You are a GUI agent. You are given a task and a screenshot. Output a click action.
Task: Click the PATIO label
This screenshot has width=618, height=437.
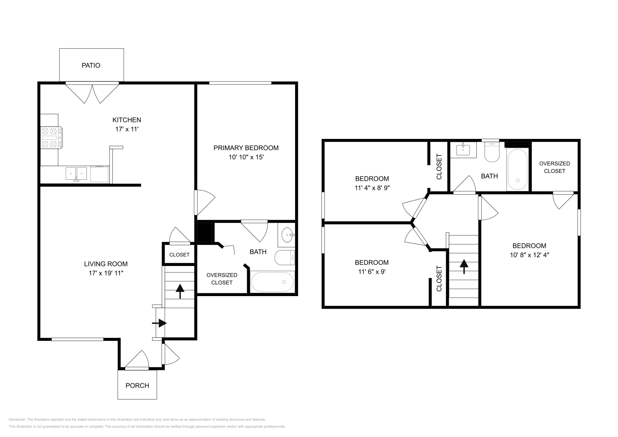tap(91, 65)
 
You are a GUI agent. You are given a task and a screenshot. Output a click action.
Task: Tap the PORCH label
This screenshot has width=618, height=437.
tap(137, 385)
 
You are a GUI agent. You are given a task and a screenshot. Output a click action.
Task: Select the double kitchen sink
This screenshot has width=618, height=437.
tap(76, 173)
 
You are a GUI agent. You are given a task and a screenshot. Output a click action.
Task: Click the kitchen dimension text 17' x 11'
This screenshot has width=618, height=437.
tap(127, 129)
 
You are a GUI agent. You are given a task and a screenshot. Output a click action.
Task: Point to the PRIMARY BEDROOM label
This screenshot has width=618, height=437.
tap(246, 148)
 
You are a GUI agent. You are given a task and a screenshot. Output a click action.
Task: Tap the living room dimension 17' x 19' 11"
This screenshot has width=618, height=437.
tap(106, 273)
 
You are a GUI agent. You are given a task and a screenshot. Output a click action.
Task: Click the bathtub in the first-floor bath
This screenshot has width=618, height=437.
tap(272, 282)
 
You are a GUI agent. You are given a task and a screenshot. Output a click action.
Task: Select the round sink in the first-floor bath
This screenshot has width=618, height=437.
tap(287, 234)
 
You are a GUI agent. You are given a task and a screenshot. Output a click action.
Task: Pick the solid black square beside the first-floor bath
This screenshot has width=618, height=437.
tap(205, 232)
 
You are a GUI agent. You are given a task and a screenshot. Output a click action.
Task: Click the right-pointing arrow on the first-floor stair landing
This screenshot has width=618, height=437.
tap(160, 323)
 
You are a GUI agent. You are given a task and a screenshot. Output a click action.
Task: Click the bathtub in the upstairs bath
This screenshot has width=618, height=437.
tap(517, 169)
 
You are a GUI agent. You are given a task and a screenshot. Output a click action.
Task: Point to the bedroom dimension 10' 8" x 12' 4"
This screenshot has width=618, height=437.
tap(529, 255)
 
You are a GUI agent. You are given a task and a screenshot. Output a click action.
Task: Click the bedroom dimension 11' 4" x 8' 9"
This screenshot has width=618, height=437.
tap(372, 188)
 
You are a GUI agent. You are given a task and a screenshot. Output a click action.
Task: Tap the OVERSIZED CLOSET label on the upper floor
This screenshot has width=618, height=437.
tap(554, 167)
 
